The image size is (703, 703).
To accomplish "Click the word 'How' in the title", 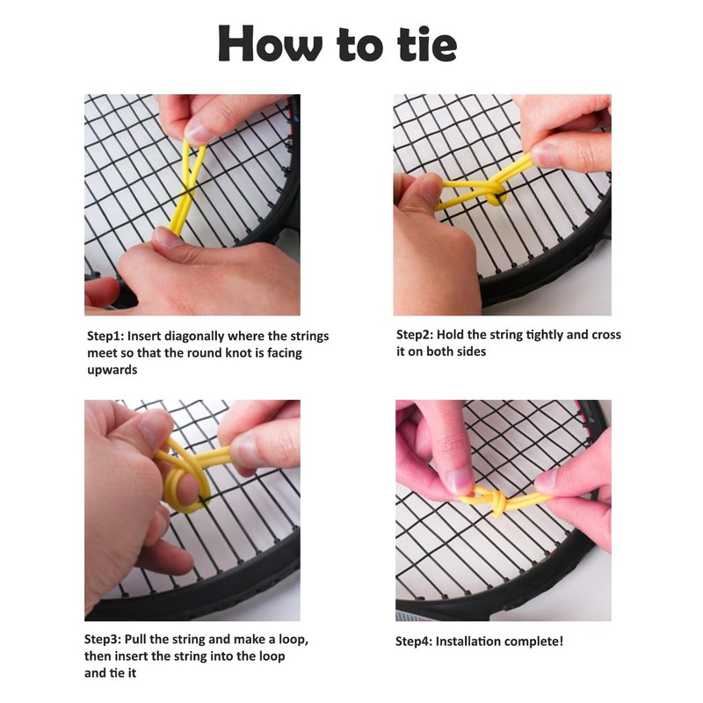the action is (270, 43).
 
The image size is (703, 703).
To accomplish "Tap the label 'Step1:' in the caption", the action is (105, 336).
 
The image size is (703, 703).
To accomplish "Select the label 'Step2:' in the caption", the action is (415, 335).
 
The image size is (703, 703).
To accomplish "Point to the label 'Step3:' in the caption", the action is (103, 639).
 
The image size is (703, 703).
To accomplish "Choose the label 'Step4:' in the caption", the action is (414, 641).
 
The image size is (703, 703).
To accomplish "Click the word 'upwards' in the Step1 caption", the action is (112, 370).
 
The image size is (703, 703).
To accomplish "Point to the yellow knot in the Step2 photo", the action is (494, 196).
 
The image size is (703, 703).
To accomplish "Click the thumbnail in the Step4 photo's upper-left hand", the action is (460, 480).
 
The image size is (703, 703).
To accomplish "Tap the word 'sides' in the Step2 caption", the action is (471, 351).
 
